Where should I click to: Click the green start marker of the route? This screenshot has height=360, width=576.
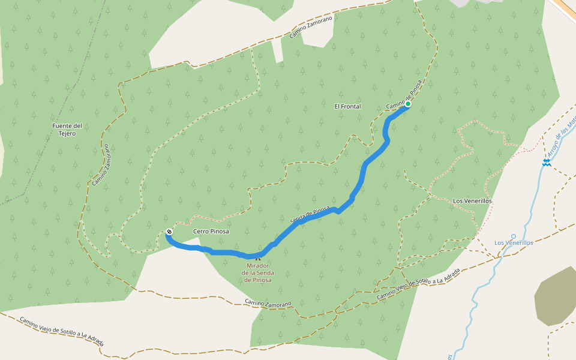tap(408, 104)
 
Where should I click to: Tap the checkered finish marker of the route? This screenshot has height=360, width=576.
tap(170, 232)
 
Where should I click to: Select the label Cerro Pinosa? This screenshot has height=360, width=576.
tap(211, 231)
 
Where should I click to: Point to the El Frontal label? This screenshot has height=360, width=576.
tap(347, 106)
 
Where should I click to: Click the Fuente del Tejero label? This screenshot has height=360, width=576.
tap(67, 130)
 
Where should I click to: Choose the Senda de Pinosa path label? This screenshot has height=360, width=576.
tap(310, 215)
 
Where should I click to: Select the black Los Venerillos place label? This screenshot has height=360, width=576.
tap(472, 200)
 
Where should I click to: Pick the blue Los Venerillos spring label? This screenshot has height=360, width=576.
tap(513, 243)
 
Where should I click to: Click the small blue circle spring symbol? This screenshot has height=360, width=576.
tap(513, 236)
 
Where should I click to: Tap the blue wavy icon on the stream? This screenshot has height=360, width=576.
tap(546, 162)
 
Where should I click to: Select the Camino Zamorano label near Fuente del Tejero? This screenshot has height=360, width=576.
tap(100, 164)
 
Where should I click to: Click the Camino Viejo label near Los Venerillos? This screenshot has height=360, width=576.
tap(418, 285)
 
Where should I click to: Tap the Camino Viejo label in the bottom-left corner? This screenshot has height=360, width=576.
tap(61, 332)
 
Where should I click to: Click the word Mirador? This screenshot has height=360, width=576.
tap(258, 265)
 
